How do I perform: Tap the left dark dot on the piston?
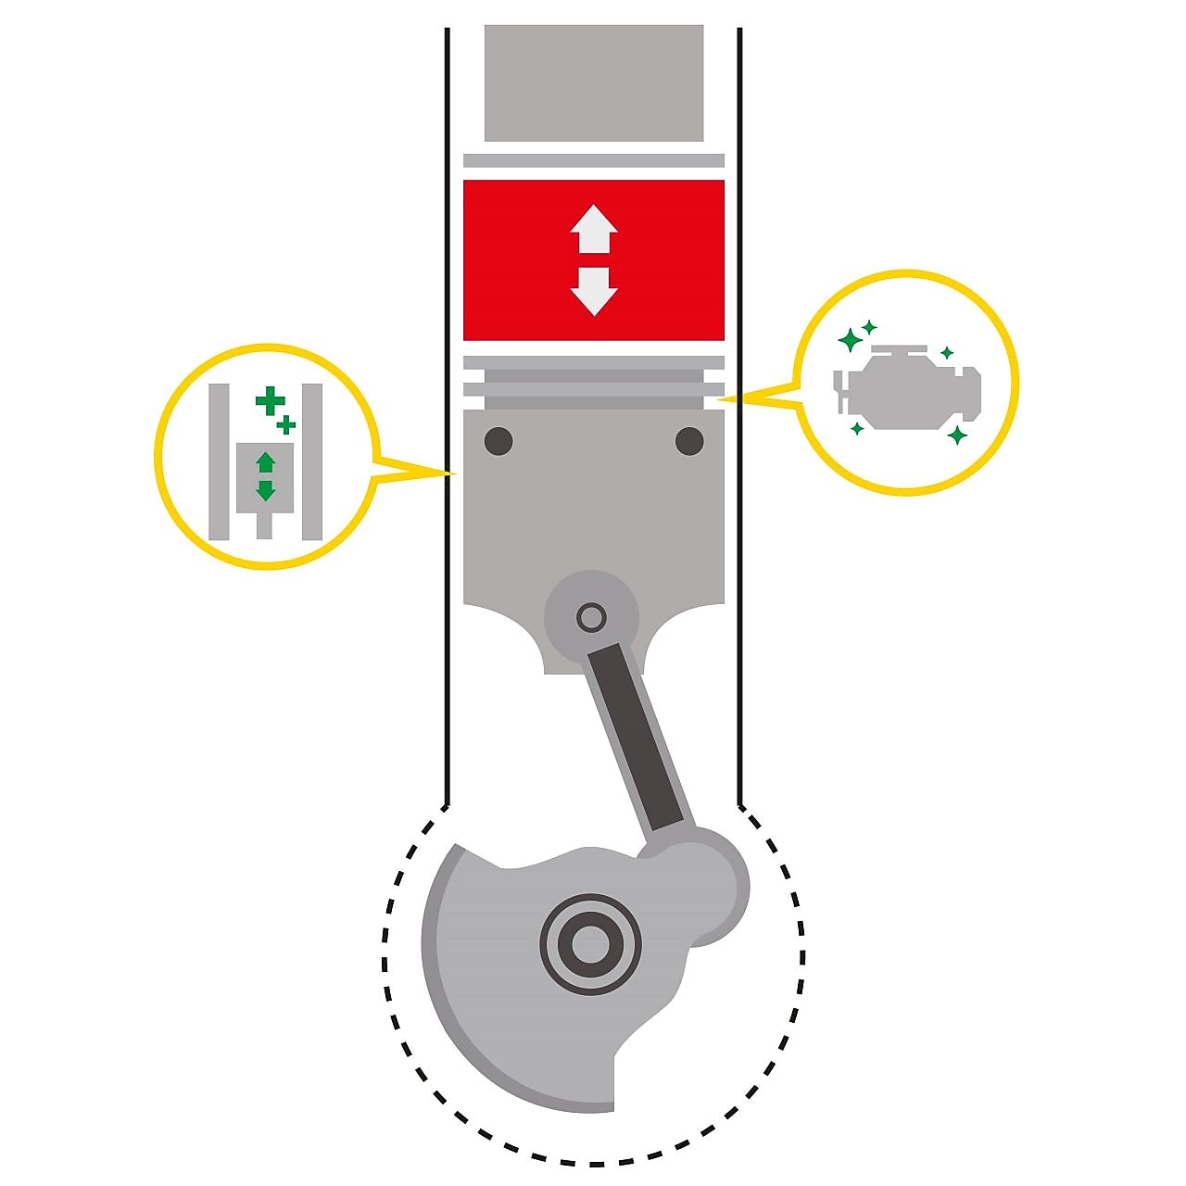coord(498,441)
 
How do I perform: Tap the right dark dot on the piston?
coord(689,441)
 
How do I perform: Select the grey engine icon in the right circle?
coord(913,389)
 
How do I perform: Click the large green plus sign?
coord(270,401)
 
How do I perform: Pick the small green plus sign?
coord(287,425)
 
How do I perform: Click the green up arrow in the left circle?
coord(266,461)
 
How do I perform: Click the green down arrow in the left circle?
coord(266,489)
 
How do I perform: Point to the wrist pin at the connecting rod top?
coord(591,616)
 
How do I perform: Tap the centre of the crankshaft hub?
coord(590,945)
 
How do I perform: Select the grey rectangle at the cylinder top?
coord(593,83)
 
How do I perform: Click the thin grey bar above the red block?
coord(593,160)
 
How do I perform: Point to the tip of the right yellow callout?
coord(720,399)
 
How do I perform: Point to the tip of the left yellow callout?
coord(457,474)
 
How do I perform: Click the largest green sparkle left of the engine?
coord(849,340)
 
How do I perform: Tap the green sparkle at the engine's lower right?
coord(957,435)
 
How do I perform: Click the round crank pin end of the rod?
coord(704,880)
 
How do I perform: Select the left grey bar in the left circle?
coord(219,461)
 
